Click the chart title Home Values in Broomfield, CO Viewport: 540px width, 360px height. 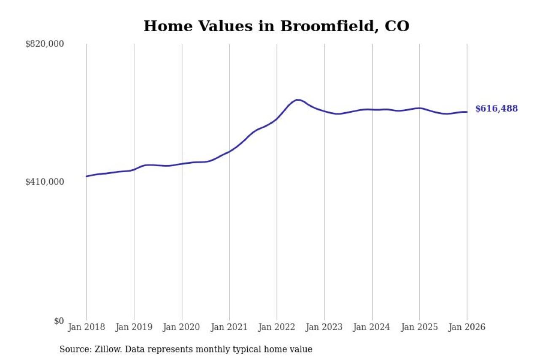[276, 26]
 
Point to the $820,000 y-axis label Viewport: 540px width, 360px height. [44, 44]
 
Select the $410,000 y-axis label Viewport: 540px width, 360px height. [44, 182]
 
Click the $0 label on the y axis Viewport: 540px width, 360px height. [59, 321]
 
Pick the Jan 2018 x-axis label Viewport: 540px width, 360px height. [86, 328]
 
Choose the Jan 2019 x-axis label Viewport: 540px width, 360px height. [134, 328]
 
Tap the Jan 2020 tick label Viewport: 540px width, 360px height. [182, 328]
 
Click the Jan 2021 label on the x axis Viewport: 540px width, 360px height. [229, 328]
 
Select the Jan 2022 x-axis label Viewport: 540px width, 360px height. [277, 328]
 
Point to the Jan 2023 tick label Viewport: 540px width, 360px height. [324, 328]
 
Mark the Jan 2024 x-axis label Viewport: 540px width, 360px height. [372, 328]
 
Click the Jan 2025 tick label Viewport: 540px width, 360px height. [419, 328]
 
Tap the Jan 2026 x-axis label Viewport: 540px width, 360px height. [467, 328]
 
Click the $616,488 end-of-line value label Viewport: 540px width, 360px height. [497, 109]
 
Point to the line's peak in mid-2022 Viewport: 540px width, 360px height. [298, 100]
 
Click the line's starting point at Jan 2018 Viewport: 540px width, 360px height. [86, 176]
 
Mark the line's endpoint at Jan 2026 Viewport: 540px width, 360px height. [467, 112]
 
